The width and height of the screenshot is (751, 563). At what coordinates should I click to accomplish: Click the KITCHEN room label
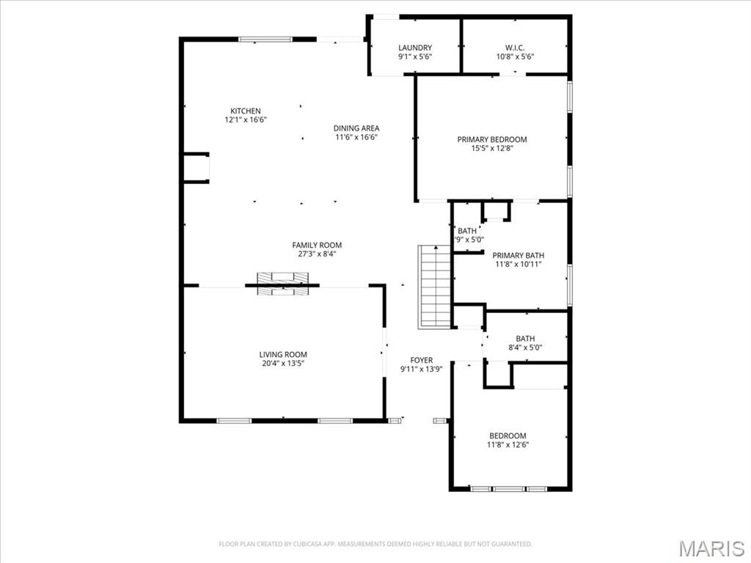(245, 111)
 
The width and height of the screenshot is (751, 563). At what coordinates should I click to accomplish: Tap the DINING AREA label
(356, 128)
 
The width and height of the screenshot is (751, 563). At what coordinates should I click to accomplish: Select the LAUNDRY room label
(415, 48)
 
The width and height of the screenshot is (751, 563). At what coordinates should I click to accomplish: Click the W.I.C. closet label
(515, 48)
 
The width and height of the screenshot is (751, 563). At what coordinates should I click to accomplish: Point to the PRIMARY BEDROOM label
(492, 139)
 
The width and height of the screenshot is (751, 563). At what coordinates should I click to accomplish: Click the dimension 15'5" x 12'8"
(492, 148)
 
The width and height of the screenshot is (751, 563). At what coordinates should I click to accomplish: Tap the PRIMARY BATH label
(518, 255)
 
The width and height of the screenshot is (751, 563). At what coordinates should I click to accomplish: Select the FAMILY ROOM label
(317, 245)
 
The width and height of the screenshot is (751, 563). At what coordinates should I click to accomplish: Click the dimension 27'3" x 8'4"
(317, 254)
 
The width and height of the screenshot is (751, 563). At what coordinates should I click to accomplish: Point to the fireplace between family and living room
(282, 283)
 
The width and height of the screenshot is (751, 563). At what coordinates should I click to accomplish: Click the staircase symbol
(434, 287)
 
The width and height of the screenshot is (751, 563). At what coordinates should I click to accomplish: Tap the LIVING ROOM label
(282, 354)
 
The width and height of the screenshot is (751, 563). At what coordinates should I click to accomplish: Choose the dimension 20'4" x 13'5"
(282, 363)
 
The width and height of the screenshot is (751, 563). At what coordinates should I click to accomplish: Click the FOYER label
(421, 360)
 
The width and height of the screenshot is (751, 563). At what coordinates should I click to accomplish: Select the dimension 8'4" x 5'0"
(525, 347)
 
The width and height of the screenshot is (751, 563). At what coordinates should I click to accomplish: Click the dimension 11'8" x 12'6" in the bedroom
(508, 444)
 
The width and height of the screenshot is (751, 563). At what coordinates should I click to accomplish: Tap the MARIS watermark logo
(711, 548)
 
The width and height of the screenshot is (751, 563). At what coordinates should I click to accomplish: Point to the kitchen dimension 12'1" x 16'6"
(245, 119)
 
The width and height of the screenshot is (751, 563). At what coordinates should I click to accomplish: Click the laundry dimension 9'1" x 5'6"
(415, 56)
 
